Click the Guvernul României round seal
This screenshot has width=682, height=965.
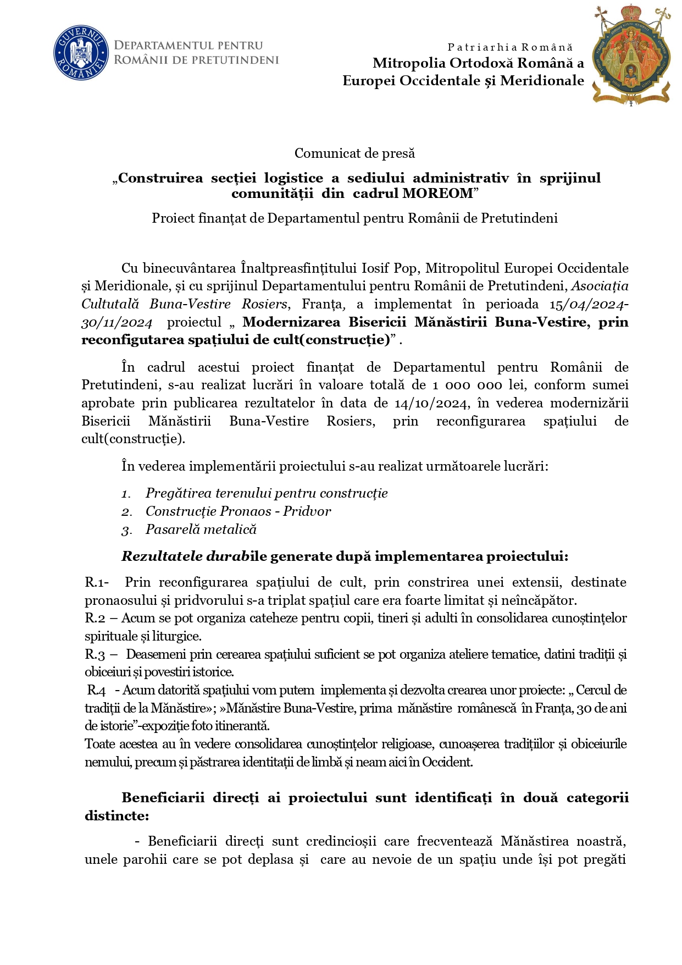point(80,53)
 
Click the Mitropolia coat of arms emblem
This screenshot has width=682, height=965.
point(631,55)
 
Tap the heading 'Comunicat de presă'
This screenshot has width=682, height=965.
point(354,153)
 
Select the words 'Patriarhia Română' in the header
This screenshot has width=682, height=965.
point(510,47)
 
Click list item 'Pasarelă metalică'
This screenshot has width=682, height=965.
point(201,530)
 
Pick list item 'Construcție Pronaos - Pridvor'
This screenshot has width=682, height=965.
point(238,511)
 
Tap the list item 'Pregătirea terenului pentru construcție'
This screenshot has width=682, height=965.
point(267,493)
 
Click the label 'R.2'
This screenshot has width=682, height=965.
point(95,618)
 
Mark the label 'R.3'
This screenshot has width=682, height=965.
point(95,654)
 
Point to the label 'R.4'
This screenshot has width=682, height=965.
point(97,690)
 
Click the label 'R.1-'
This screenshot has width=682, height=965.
point(97,582)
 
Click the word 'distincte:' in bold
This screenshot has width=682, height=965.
point(117,815)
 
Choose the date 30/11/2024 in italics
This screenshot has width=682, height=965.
point(117,322)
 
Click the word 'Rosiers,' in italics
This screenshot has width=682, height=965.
point(265,304)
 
